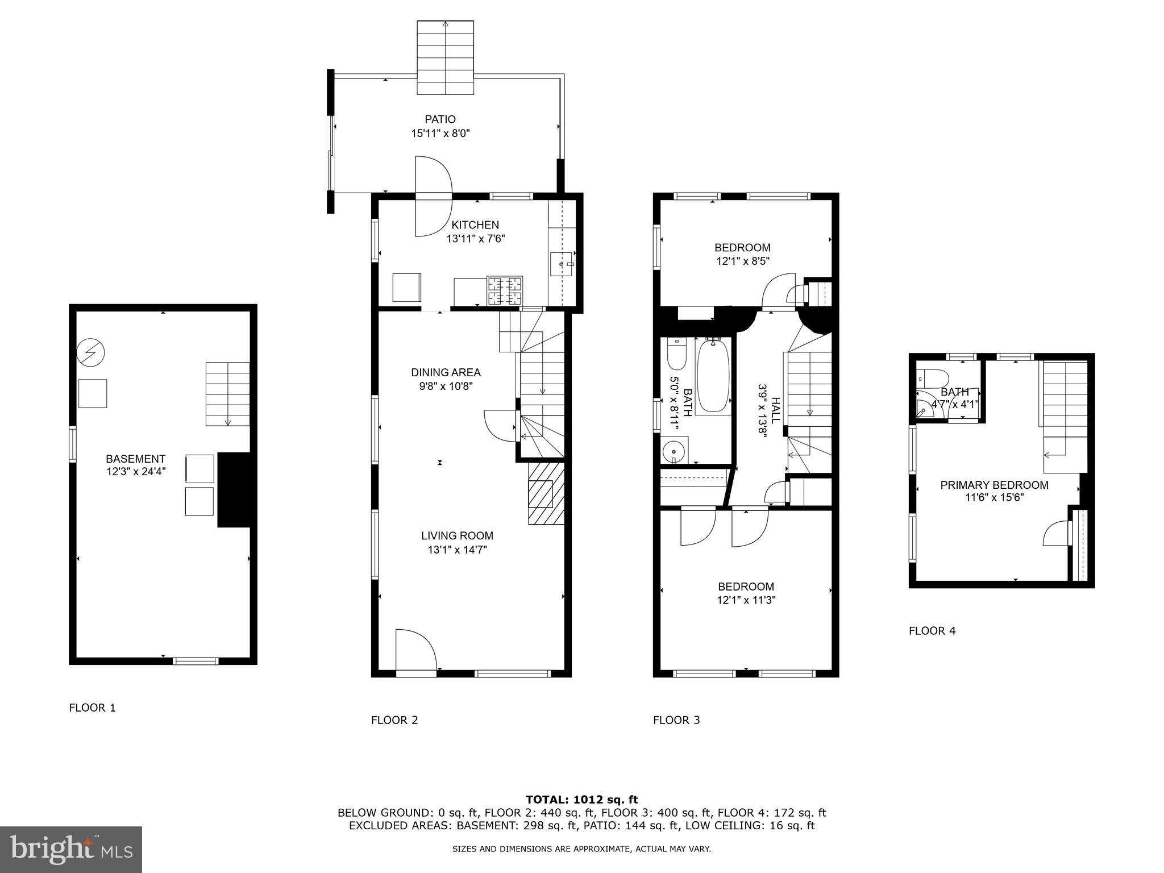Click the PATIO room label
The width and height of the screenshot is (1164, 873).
440,119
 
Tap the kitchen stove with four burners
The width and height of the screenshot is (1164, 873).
505,290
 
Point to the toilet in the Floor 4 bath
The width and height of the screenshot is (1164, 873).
932,377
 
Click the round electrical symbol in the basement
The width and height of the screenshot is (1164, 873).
91,353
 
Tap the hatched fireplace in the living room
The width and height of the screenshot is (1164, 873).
546,493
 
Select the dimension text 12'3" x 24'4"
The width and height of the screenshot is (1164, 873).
135,471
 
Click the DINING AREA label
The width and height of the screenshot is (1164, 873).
446,373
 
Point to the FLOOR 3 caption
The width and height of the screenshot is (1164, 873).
676,720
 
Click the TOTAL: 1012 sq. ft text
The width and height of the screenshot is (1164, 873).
581,800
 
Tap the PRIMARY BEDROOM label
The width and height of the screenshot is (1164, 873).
994,485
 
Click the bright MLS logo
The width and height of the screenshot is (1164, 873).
71,849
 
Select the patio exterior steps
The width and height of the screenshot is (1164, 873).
445,57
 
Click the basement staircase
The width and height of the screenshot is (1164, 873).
227,394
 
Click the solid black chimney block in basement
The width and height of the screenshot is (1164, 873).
234,489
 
